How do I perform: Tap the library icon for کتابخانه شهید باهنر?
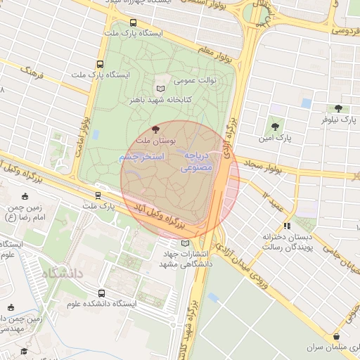(x=162, y=88)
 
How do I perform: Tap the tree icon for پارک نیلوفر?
(x=338, y=108)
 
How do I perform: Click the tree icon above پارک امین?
(x=274, y=127)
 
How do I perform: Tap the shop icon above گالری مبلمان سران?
(x=337, y=337)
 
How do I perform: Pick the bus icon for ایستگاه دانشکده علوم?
(x=103, y=293)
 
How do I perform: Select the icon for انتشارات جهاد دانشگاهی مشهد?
(x=185, y=243)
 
